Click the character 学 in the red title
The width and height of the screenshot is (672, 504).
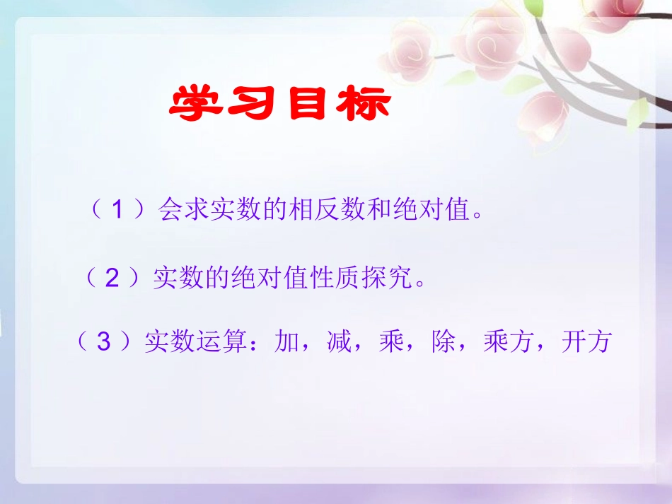pos(195,105)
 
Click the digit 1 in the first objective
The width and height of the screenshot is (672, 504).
pos(119,211)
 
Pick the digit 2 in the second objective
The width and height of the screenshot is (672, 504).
pos(112,279)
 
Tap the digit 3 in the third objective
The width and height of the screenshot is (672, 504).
pos(105,343)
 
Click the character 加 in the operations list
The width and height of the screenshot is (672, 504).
pos(289,343)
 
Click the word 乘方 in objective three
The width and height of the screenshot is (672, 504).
pos(508,343)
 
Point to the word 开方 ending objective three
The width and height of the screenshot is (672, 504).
pos(586,343)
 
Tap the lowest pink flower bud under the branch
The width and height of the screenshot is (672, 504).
pos(545,116)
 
